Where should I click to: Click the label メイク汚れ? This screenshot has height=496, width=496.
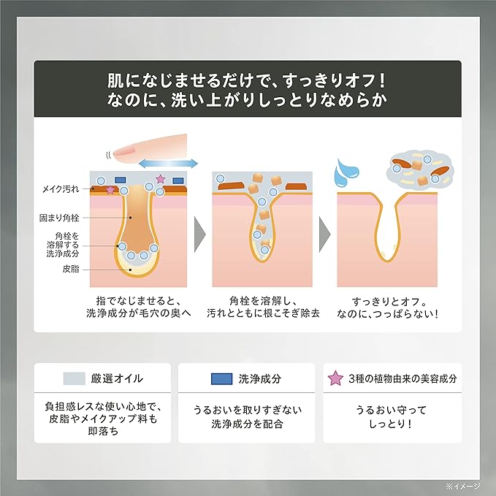(61, 189)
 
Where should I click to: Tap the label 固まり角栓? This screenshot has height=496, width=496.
(59, 218)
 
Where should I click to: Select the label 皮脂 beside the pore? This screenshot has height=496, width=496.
(71, 269)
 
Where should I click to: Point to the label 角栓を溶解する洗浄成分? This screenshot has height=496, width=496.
(63, 245)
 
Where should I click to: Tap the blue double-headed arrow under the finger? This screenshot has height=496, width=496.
(168, 164)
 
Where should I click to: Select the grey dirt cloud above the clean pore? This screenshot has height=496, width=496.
(421, 171)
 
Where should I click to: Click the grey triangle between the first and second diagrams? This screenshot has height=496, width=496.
(199, 234)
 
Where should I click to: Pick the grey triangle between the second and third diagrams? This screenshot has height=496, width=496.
(324, 234)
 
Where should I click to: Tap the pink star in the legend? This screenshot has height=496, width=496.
(335, 378)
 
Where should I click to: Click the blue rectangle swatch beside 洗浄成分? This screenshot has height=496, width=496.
(222, 378)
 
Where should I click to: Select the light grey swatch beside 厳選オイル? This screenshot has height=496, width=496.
(75, 378)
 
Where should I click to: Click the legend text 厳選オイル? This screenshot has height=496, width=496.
(117, 378)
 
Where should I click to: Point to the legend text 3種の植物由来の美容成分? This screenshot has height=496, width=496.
(402, 378)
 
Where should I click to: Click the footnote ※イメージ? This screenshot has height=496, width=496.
(463, 486)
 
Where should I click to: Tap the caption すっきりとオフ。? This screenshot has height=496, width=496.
(389, 302)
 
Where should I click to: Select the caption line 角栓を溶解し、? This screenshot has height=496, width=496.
(263, 301)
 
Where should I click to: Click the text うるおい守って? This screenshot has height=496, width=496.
(391, 410)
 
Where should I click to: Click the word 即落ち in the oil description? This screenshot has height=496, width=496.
(103, 431)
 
